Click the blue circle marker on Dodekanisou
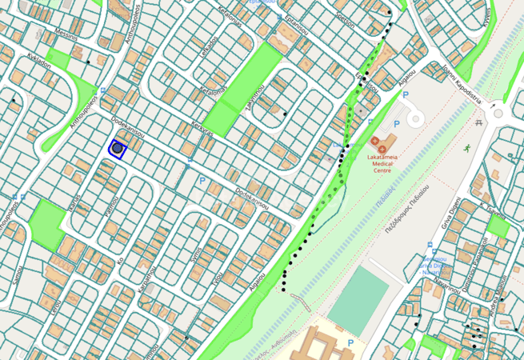[x=118, y=148]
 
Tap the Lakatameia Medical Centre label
[x=390, y=164]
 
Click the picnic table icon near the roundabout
[x=479, y=122]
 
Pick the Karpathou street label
[x=146, y=278]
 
